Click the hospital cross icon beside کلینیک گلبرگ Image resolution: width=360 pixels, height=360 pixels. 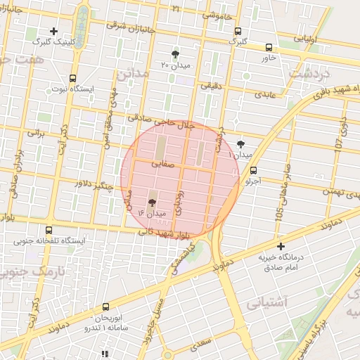click(53, 31)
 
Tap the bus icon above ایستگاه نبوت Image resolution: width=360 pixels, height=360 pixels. click(73, 79)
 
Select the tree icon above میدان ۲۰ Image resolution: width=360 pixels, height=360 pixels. click(175, 54)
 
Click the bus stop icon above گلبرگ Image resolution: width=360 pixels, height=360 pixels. click(238, 31)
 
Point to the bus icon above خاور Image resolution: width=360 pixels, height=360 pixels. click(269, 47)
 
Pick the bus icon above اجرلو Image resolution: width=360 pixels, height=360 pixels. click(253, 169)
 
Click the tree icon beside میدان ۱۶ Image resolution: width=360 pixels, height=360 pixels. click(153, 201)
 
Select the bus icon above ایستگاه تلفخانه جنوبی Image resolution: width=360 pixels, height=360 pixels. click(49, 229)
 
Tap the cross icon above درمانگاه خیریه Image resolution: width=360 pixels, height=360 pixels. click(281, 246)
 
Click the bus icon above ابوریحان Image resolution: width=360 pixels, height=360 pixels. click(106, 307)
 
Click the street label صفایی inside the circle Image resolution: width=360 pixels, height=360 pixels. click(161, 162)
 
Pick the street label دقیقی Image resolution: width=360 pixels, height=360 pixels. click(210, 85)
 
